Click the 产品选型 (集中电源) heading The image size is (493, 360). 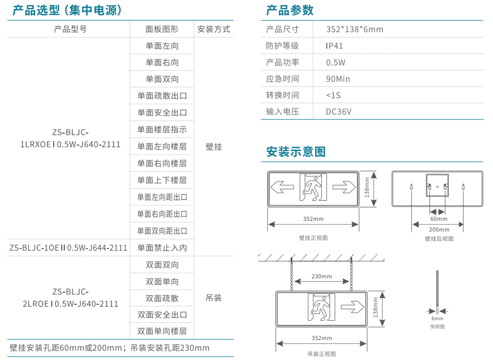coord(67,10)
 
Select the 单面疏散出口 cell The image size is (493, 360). coord(162,96)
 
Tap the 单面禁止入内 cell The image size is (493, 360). coord(162,248)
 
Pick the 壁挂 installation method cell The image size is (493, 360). coord(214,147)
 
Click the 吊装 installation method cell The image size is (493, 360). coord(214,298)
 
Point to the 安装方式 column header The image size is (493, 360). coord(214,29)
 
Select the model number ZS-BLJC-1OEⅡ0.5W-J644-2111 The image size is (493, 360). coord(68,248)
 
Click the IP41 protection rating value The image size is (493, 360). coord(334,46)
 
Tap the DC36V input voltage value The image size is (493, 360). coord(339,111)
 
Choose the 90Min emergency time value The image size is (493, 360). coord(338,79)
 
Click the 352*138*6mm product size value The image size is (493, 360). coord(354,29)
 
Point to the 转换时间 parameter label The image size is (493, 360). coord(282,95)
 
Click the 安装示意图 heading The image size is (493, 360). coord(296,152)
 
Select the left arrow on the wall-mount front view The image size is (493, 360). coord(282,188)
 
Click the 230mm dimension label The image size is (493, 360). coord(321,277)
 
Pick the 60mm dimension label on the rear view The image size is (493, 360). coord(438,219)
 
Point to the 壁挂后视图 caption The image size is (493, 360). coord(439,239)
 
